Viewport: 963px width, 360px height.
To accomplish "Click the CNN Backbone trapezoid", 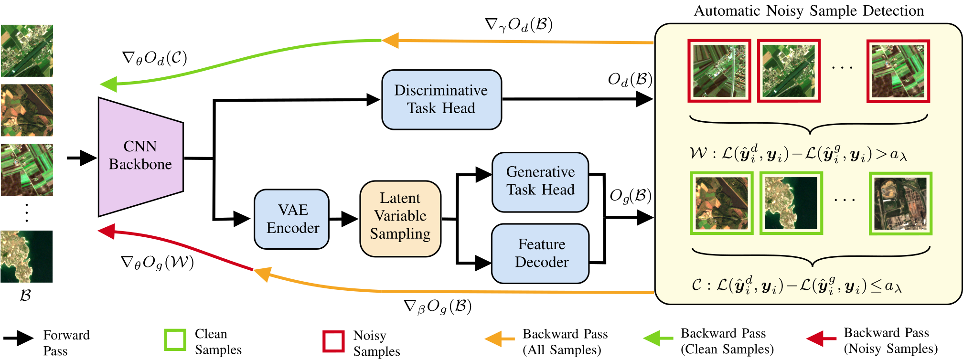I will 140,156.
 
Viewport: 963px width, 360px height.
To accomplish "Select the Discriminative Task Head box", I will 441,100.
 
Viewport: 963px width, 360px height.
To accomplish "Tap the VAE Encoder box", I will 292,219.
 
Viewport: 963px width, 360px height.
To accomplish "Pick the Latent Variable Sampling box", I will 400,218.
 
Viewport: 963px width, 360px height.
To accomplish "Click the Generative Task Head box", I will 540,182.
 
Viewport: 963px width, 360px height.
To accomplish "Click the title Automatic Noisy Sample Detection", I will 808,11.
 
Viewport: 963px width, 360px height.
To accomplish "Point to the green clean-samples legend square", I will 175,340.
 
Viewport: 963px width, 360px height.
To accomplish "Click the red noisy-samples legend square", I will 333,341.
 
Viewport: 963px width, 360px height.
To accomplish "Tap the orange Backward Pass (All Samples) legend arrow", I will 500,339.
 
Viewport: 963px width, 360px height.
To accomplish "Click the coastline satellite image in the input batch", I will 27,256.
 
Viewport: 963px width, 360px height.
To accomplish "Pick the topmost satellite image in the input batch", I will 27,51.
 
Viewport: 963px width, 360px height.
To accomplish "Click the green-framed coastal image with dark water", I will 791,203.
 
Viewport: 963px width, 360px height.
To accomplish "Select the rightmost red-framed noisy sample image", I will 898,71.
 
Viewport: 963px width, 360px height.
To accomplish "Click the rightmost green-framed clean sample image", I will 900,203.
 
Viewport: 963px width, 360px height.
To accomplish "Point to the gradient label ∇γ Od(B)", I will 519,25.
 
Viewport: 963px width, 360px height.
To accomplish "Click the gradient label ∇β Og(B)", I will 438,307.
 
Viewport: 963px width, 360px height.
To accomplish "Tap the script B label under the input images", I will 25,296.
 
